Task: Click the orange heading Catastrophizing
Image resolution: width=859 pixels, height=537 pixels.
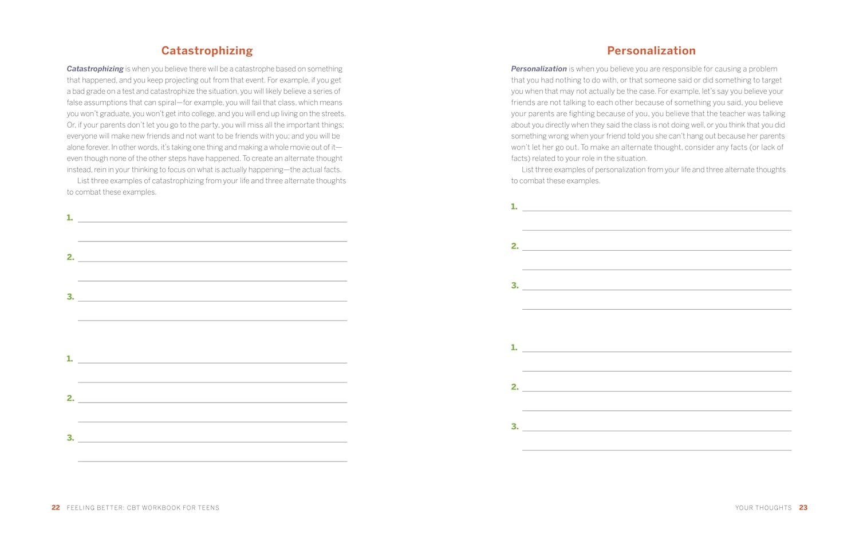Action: [207, 51]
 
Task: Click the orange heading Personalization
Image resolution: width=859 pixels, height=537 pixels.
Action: [651, 51]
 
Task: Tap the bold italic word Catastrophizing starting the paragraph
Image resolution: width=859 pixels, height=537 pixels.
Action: [95, 69]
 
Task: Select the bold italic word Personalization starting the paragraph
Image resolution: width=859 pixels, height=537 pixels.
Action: [539, 69]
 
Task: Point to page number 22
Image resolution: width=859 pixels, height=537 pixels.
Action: [56, 508]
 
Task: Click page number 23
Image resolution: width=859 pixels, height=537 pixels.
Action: [803, 508]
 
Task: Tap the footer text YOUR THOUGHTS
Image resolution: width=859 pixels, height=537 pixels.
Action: [763, 508]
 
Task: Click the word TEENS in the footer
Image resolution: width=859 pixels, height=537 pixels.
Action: [208, 508]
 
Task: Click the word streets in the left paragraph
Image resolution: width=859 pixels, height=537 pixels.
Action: [332, 114]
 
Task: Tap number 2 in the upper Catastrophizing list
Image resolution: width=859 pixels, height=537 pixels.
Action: [70, 258]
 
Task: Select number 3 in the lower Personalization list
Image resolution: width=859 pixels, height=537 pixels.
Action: [514, 427]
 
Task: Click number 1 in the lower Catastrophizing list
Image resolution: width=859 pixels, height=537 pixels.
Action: [70, 359]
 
